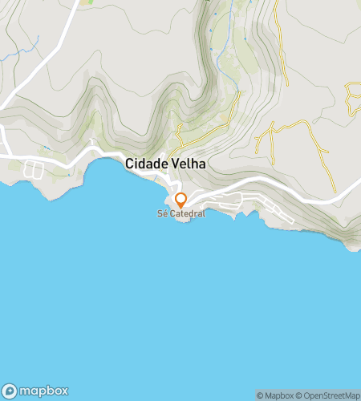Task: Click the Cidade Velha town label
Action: click(165, 164)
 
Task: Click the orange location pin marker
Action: click(181, 200)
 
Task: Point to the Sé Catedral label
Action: click(181, 214)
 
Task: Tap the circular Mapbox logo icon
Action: click(10, 391)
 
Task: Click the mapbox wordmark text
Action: click(43, 391)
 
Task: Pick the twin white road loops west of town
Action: click(34, 169)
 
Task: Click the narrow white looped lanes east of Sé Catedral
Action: click(277, 212)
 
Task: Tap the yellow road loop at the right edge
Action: click(351, 97)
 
